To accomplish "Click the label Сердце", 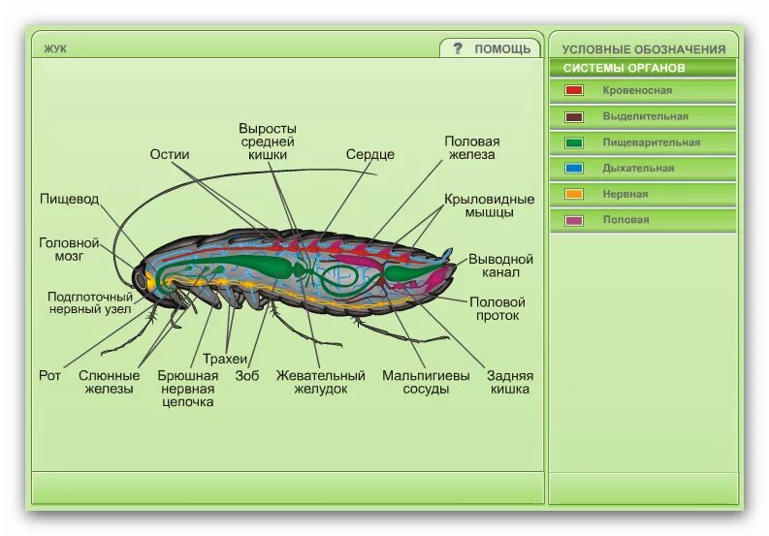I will pyautogui.click(x=370, y=154).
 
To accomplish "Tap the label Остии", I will pyautogui.click(x=170, y=154).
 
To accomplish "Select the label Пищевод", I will pyautogui.click(x=69, y=199).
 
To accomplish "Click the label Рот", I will pyautogui.click(x=49, y=375).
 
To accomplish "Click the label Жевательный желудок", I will pyautogui.click(x=320, y=382).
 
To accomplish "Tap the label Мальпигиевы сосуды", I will pyautogui.click(x=426, y=382).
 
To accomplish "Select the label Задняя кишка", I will pyautogui.click(x=509, y=382).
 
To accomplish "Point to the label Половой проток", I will pyautogui.click(x=497, y=308).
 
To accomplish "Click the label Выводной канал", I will pyautogui.click(x=501, y=267).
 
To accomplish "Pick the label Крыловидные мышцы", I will pyautogui.click(x=490, y=205).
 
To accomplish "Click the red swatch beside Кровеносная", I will pyautogui.click(x=574, y=90).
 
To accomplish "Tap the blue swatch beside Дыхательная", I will pyautogui.click(x=574, y=168).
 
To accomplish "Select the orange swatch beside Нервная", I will pyautogui.click(x=574, y=194).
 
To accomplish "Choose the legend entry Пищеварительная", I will pyautogui.click(x=651, y=142).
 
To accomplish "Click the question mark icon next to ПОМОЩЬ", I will pyautogui.click(x=458, y=48).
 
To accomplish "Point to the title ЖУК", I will pyautogui.click(x=55, y=48).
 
